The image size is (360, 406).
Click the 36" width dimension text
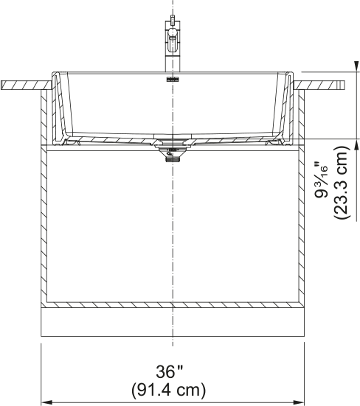[169, 372]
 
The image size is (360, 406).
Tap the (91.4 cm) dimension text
[168, 390]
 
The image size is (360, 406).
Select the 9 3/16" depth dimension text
[322, 181]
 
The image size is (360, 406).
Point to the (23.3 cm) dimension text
[342, 183]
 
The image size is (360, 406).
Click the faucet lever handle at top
[173, 20]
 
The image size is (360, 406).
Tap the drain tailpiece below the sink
[173, 158]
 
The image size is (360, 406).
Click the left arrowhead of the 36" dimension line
[47, 402]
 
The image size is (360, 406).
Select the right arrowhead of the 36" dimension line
[298, 402]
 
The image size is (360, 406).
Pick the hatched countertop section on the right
[319, 85]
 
